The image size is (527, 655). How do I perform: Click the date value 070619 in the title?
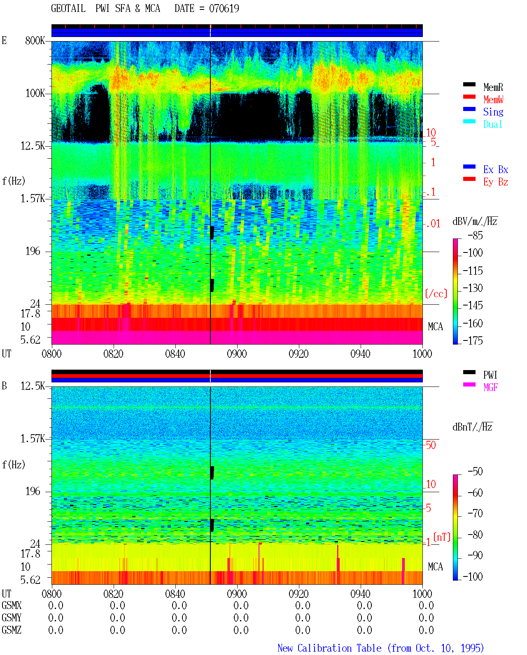click(224, 9)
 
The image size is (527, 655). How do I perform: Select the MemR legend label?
click(493, 87)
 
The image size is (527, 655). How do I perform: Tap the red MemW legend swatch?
click(469, 97)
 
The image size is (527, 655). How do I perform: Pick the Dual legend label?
click(493, 125)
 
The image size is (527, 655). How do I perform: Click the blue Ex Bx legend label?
click(496, 169)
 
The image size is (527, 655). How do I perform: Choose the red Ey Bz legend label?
click(496, 182)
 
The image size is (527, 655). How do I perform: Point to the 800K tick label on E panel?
click(35, 41)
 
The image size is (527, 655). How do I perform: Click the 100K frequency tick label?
click(35, 93)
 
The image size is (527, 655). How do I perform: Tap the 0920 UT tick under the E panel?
click(299, 354)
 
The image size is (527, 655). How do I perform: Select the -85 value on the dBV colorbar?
click(476, 236)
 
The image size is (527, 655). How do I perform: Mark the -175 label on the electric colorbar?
click(473, 340)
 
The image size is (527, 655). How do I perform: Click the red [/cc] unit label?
click(436, 294)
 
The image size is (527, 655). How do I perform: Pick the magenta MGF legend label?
click(490, 387)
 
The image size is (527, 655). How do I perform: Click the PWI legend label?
click(490, 375)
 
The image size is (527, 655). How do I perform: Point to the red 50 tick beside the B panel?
click(431, 445)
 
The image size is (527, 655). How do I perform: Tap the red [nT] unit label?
click(442, 537)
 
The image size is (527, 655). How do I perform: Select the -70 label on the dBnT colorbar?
click(476, 514)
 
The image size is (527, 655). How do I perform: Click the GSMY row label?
click(12, 618)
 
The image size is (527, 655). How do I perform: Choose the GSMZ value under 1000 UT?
click(426, 630)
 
